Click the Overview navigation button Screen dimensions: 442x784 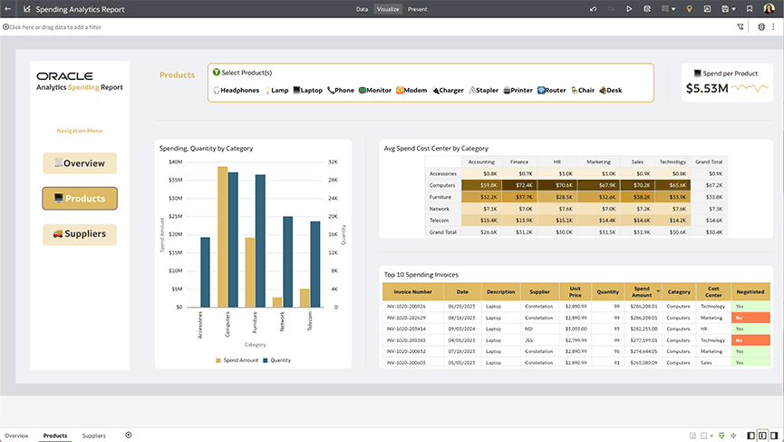(80, 163)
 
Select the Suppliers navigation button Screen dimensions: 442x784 (80, 234)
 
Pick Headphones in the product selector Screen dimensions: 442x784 (237, 91)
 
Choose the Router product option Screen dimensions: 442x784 (552, 91)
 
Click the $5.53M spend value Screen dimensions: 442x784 (707, 88)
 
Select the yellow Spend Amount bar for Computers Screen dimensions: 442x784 (222, 236)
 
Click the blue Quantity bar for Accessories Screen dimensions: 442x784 (205, 271)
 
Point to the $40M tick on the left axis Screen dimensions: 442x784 (176, 162)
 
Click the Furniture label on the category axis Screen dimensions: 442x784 (255, 323)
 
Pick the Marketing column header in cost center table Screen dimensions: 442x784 (599, 162)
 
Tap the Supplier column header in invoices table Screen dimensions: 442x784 (539, 292)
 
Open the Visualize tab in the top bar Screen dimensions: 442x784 (388, 9)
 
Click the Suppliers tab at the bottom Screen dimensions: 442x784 (94, 436)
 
